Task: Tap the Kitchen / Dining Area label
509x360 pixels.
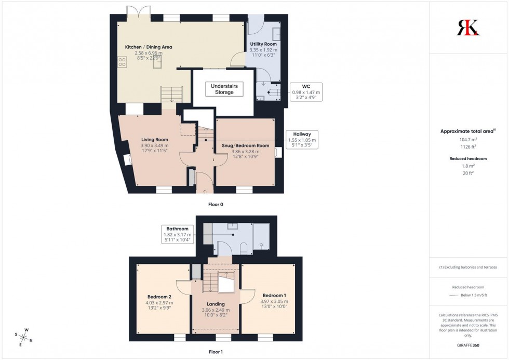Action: click(149, 47)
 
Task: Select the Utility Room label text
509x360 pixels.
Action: click(263, 44)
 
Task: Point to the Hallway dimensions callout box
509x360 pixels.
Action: click(301, 140)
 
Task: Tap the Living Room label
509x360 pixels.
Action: click(154, 139)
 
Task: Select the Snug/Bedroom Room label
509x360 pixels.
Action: click(245, 145)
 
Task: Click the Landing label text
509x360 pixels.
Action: click(216, 304)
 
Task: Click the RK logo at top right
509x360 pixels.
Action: click(468, 27)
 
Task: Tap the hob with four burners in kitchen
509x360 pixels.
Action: click(123, 62)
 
